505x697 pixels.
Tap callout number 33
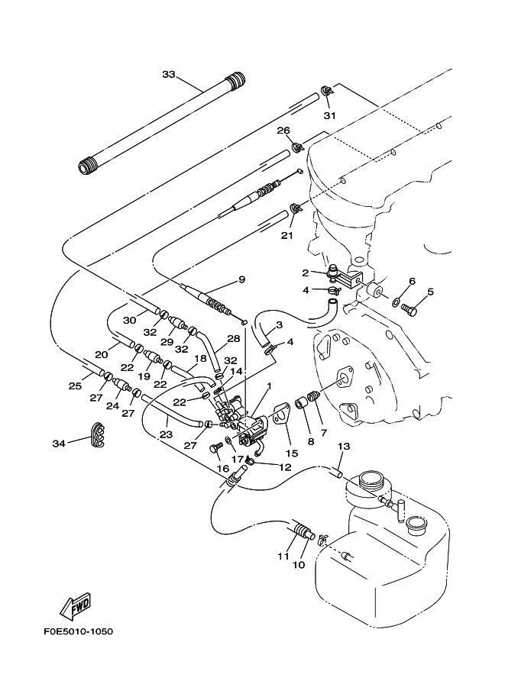169,74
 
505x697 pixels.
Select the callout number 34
59,444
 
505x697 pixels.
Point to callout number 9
241,279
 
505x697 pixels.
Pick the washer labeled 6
395,303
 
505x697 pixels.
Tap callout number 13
343,447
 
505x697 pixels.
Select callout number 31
330,115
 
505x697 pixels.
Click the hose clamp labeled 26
297,146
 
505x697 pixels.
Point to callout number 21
287,235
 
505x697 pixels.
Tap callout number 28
234,339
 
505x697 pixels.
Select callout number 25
75,386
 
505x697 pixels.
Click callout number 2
318,273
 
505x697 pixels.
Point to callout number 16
223,468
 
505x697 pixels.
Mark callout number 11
283,556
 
